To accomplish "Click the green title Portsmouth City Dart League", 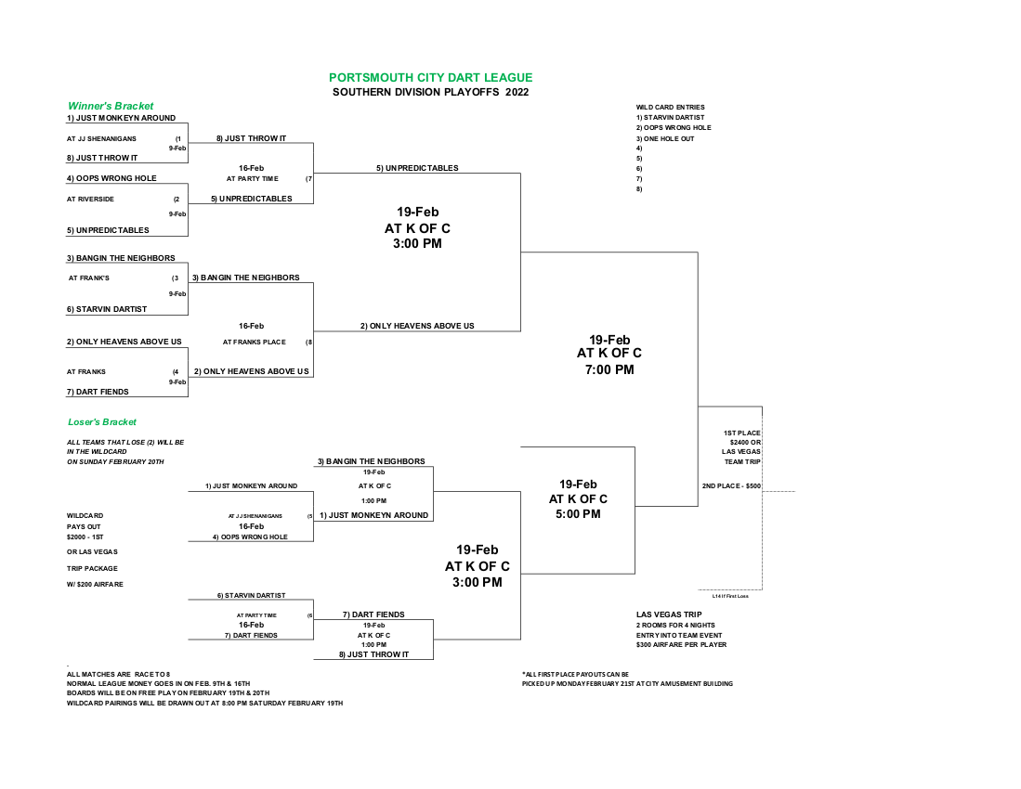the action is point(430,77).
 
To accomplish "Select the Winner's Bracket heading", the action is point(111,106).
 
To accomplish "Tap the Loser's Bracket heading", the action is point(102,422).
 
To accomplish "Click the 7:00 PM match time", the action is point(609,369).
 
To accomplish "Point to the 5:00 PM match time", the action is point(578,514).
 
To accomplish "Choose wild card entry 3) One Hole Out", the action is point(665,138).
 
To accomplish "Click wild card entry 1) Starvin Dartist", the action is point(670,118).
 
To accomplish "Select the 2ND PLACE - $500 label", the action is point(731,485).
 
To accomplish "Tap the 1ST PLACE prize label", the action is point(741,433).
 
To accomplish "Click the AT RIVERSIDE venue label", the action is point(90,199).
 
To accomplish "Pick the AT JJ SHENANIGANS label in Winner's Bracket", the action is point(101,138).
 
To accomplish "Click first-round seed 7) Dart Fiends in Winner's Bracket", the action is point(98,392).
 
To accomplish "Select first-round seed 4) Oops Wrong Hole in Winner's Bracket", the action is point(111,178).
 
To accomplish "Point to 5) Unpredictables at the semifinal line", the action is point(417,168).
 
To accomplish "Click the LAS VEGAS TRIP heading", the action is point(669,614).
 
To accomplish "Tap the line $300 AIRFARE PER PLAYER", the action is point(681,644).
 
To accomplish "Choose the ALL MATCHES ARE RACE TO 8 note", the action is point(118,675).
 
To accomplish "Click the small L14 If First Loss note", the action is point(730,596).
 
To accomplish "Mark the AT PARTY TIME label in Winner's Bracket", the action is point(252,178).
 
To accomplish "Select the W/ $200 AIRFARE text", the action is point(95,584).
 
